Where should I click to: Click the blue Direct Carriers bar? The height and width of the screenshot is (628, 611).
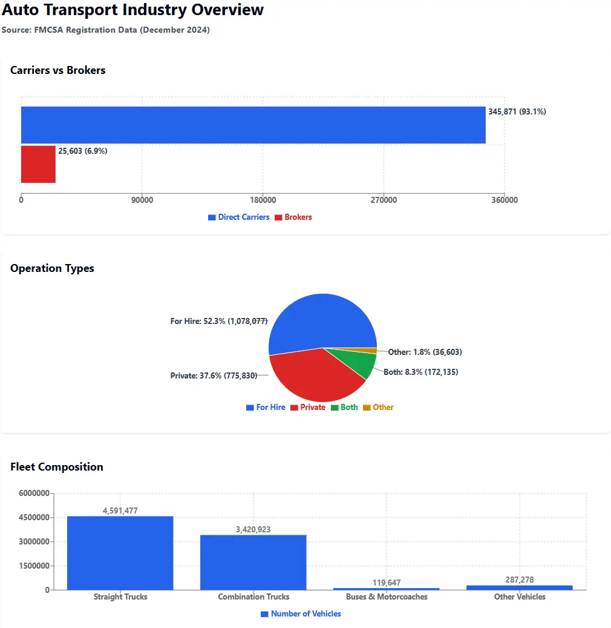(x=253, y=125)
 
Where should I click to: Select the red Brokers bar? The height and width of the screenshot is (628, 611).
(x=38, y=164)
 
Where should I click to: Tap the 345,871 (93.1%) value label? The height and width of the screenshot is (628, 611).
(x=517, y=112)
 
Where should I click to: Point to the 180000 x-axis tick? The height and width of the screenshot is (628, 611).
(x=263, y=200)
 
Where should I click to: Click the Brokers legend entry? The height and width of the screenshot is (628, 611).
(x=293, y=217)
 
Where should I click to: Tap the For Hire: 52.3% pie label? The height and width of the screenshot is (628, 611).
(x=218, y=321)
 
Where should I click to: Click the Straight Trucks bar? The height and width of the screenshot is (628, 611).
(x=120, y=553)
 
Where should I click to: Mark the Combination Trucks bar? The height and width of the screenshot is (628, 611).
(x=253, y=562)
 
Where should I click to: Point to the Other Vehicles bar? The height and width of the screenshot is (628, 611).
(x=519, y=587)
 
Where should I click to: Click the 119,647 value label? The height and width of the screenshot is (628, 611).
(x=386, y=583)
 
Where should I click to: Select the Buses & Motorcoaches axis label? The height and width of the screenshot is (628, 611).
(x=387, y=597)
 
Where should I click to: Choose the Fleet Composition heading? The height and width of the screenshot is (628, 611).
(x=57, y=467)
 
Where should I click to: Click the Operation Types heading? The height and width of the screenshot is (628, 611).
(x=52, y=268)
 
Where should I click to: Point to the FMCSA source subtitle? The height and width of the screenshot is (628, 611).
(x=106, y=30)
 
